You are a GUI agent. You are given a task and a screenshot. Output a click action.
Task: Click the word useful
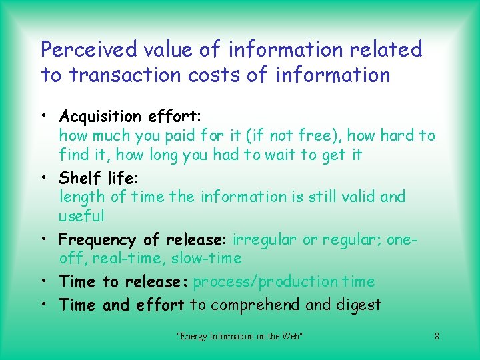pyautogui.click(x=81, y=216)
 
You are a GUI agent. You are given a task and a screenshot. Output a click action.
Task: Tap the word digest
pyautogui.click(x=359, y=305)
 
